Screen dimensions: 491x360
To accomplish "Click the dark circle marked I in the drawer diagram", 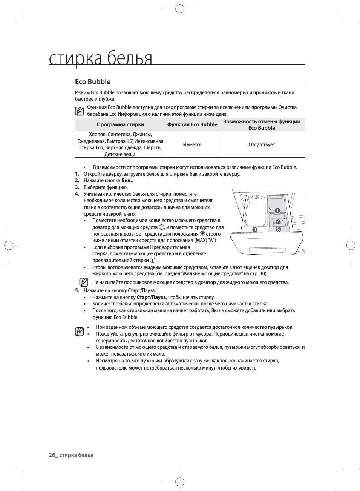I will (x=277, y=210).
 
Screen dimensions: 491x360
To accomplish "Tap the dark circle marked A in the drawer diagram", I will (x=278, y=222).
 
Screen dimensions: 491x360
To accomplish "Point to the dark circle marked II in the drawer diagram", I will (x=255, y=229).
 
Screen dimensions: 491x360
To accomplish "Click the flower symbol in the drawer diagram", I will (x=279, y=229).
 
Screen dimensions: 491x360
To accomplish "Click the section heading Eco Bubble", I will (x=93, y=82).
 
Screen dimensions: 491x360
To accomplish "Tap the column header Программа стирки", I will (x=120, y=124).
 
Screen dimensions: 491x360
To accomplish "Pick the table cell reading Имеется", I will (x=192, y=144).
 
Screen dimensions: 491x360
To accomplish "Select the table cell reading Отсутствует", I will (x=262, y=144).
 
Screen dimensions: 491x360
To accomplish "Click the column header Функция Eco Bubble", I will (x=192, y=124).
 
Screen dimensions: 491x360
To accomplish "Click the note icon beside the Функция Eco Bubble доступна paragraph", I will (x=79, y=111).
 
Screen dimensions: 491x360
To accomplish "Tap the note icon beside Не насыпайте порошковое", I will (x=84, y=282).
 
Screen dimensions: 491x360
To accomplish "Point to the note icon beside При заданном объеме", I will (x=79, y=332).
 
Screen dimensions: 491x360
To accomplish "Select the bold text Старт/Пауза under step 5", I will (x=151, y=297).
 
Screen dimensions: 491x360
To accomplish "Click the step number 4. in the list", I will (x=77, y=194).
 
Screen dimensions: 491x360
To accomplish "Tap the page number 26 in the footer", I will (x=52, y=455).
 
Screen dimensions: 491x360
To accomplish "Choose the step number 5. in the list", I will (x=77, y=290).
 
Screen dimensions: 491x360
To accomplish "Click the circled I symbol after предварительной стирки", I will (x=152, y=261).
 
